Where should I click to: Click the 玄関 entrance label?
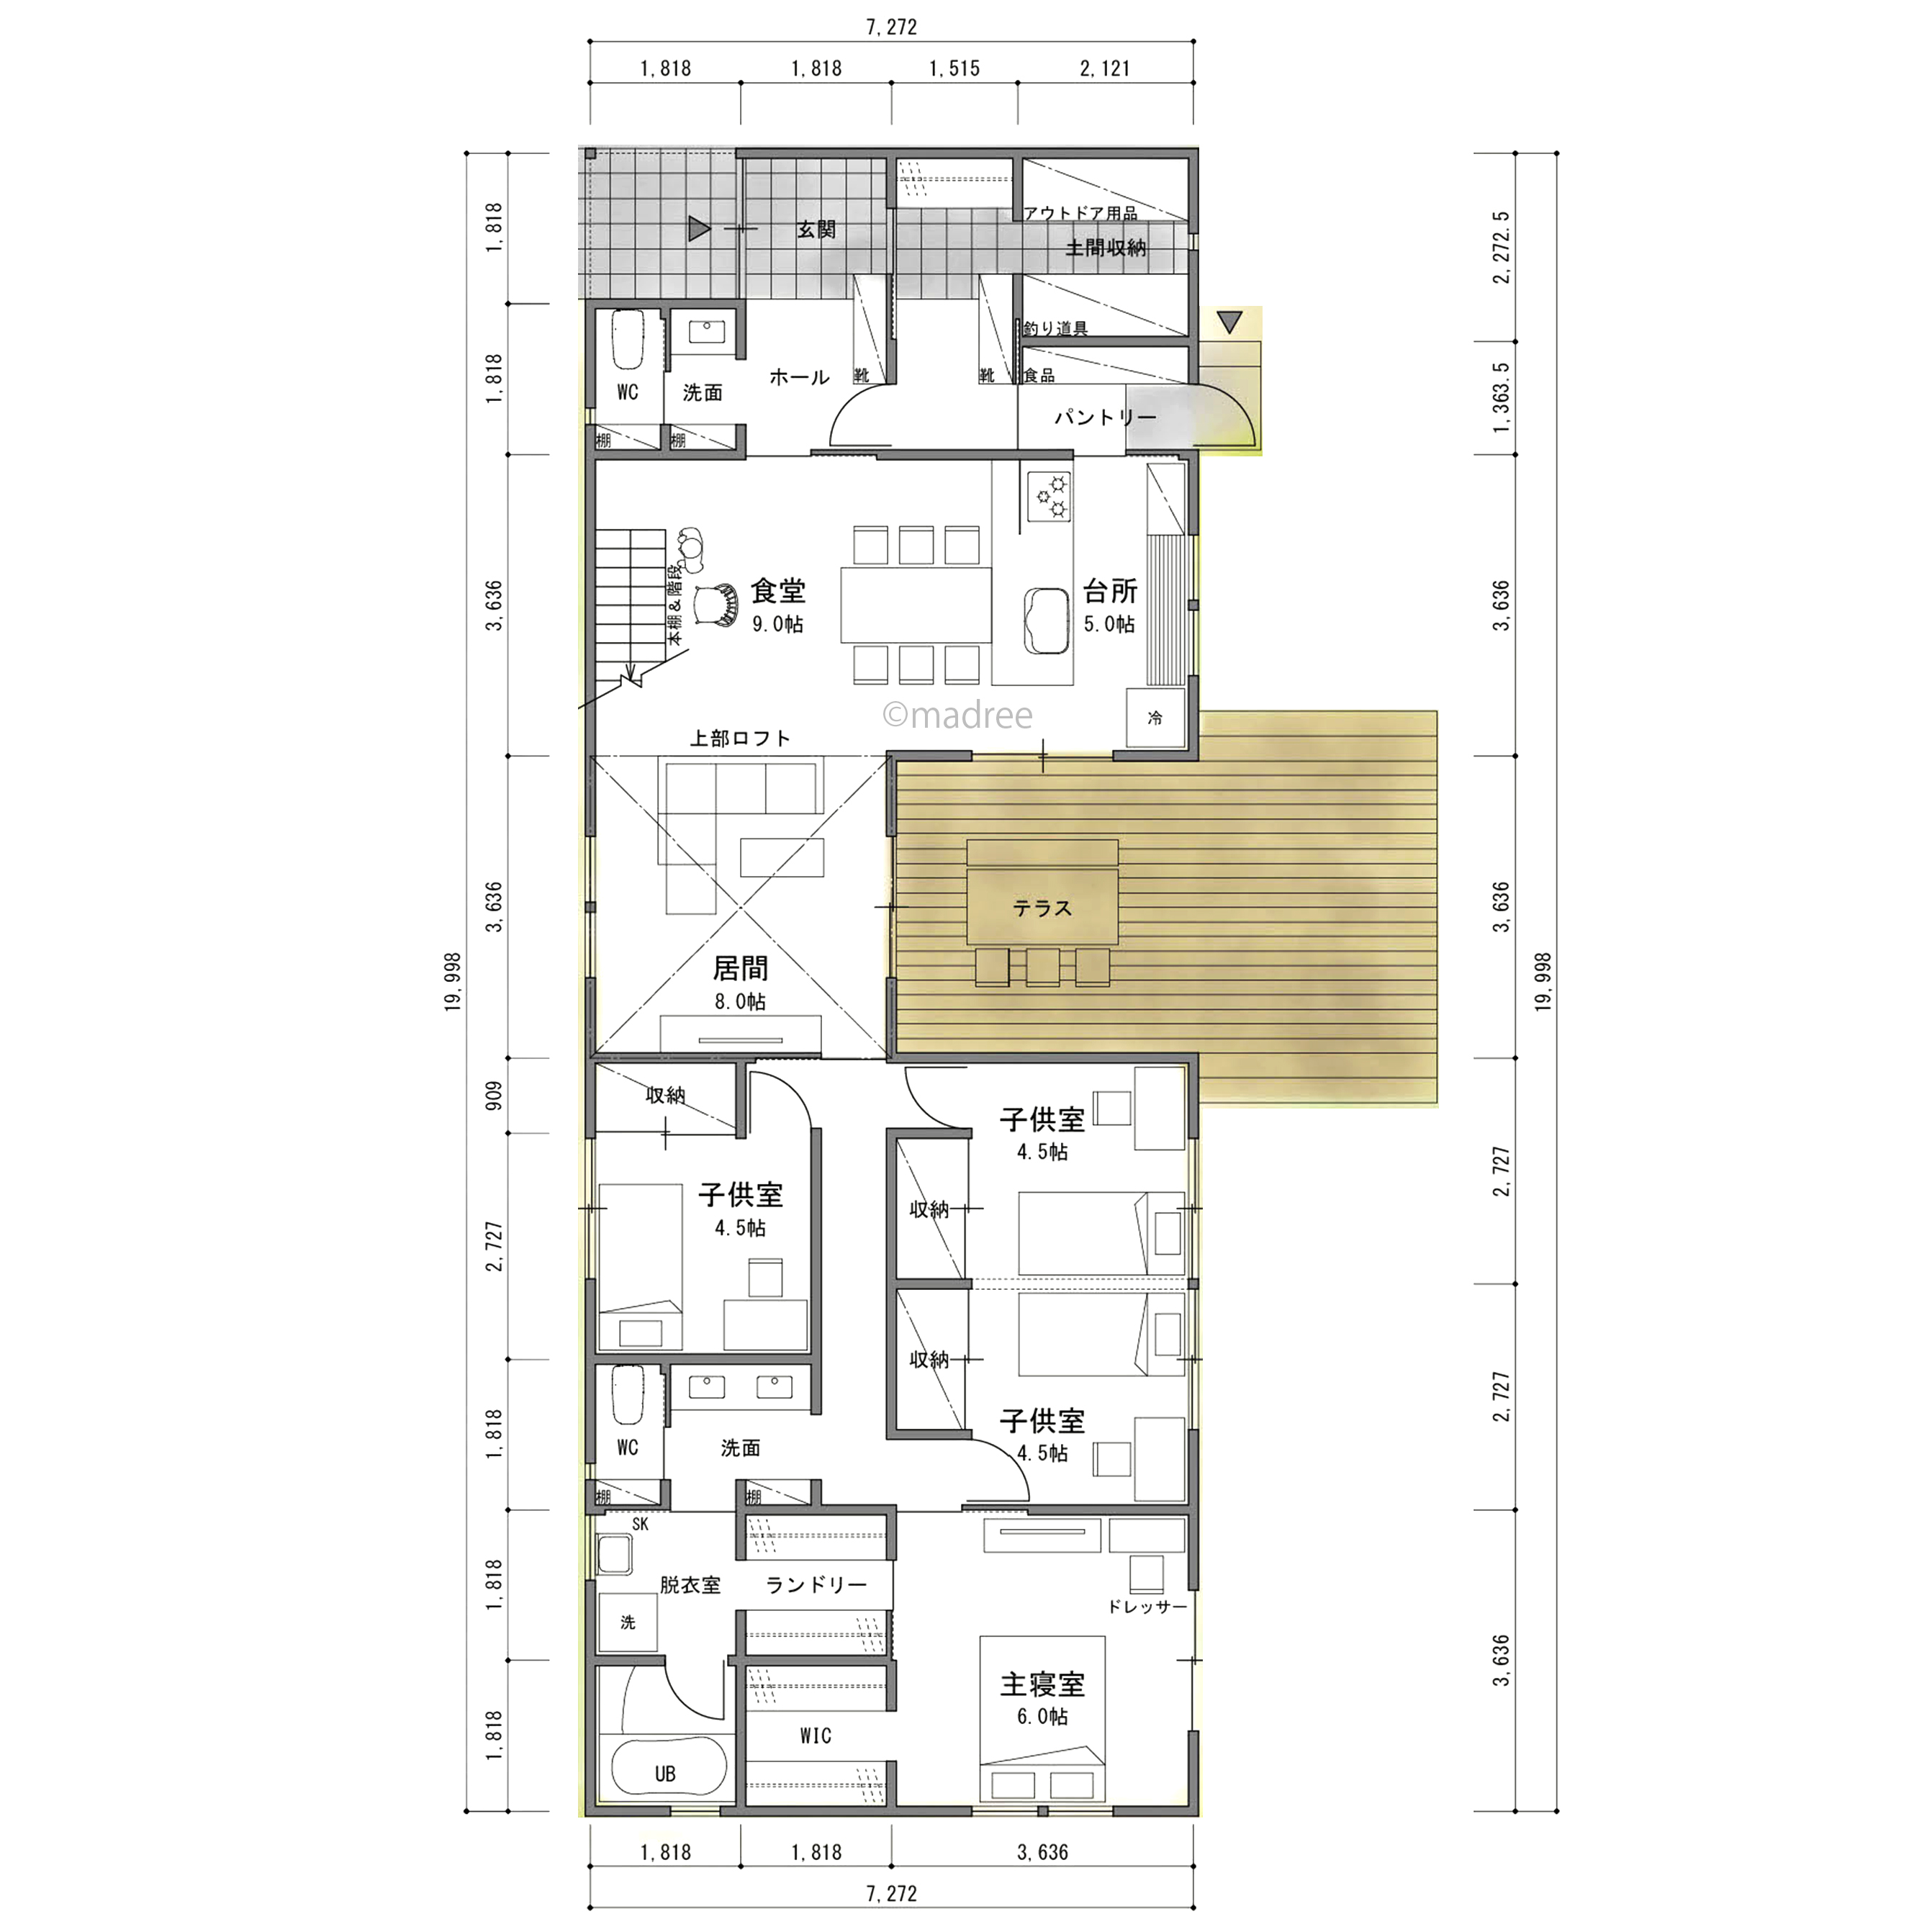click(x=816, y=230)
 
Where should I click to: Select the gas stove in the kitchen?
click(x=1048, y=497)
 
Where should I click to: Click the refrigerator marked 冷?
click(x=1155, y=717)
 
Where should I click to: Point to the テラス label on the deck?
click(x=1042, y=908)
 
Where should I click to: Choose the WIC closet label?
click(x=815, y=1736)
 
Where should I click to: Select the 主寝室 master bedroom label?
click(x=1042, y=1684)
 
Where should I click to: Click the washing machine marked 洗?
click(x=628, y=1622)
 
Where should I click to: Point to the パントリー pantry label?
click(x=1105, y=417)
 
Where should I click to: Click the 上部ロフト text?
click(x=740, y=738)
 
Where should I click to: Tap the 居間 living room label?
click(x=740, y=968)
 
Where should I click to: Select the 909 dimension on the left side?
click(x=494, y=1096)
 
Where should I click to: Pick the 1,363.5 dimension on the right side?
click(x=1501, y=398)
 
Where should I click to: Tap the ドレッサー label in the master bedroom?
click(x=1147, y=1607)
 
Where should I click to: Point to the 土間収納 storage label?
click(x=1105, y=247)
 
